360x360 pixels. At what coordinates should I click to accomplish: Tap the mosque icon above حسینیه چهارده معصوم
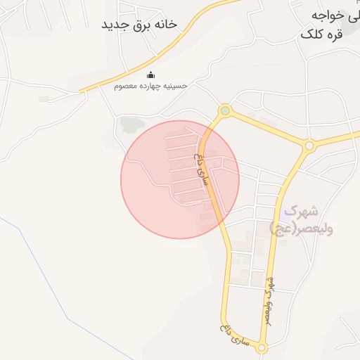[x=150, y=75]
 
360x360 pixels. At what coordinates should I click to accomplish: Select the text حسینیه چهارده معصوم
[x=151, y=86]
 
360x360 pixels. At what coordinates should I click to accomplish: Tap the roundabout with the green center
[x=225, y=110]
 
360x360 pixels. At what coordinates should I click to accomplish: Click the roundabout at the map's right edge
[x=309, y=146]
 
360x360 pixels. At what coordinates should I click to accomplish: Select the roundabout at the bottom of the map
[x=262, y=347]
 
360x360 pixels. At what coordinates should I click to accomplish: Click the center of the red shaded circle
[x=180, y=179]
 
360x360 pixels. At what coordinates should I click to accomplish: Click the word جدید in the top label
[x=115, y=25]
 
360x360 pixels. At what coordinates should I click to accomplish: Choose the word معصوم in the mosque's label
[x=129, y=86]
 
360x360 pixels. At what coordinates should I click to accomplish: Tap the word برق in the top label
[x=144, y=25]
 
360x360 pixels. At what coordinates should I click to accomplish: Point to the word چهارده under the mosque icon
[x=155, y=86]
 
